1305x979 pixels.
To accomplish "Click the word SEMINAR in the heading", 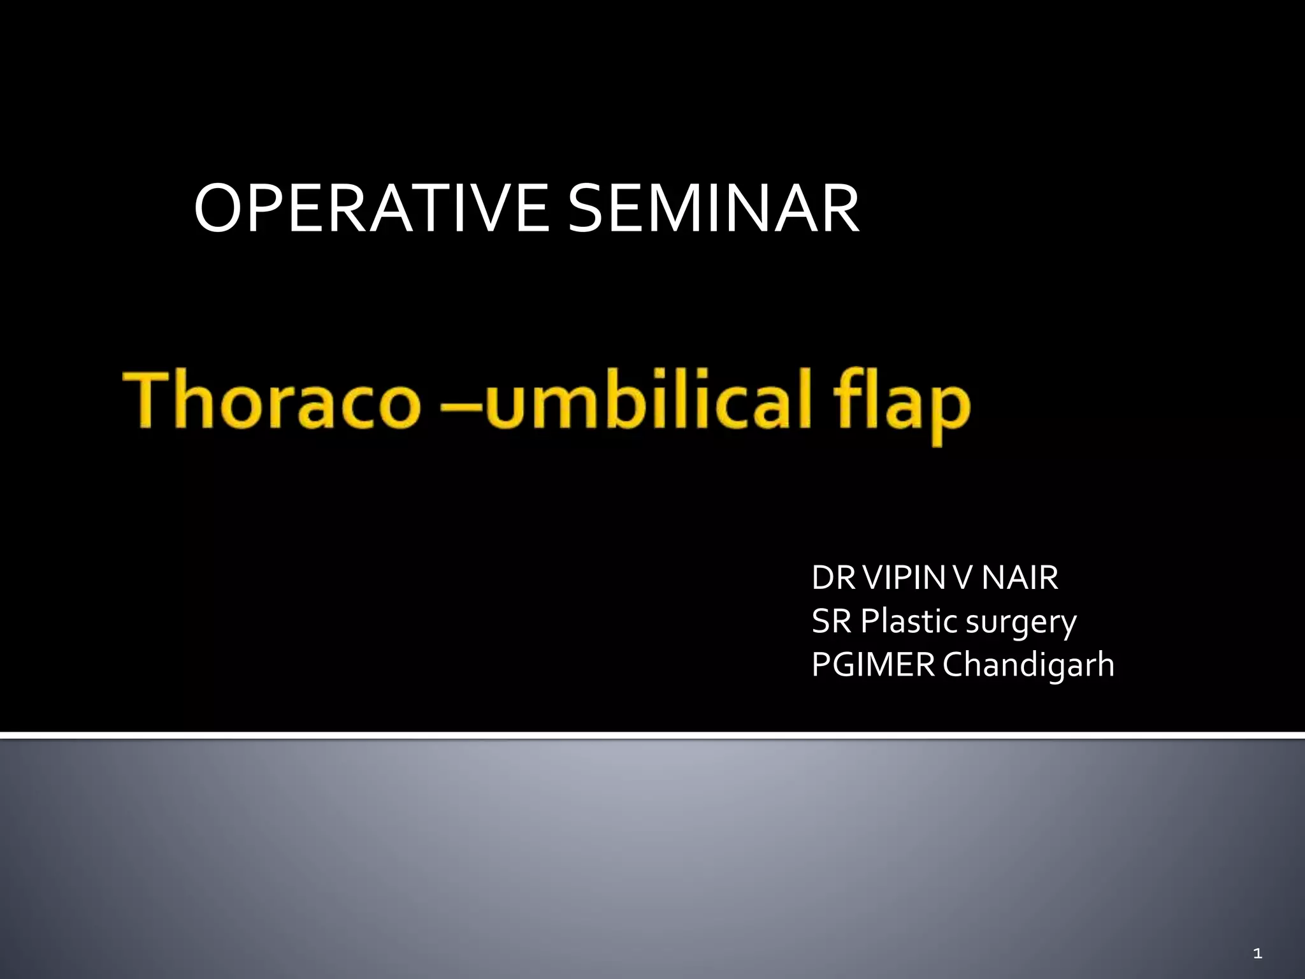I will click(713, 209).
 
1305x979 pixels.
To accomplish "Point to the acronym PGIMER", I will click(873, 665).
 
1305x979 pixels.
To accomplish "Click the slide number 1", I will click(1257, 954).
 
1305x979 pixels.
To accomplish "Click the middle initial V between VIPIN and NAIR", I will click(964, 578).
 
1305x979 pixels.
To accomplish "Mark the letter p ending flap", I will click(949, 411).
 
